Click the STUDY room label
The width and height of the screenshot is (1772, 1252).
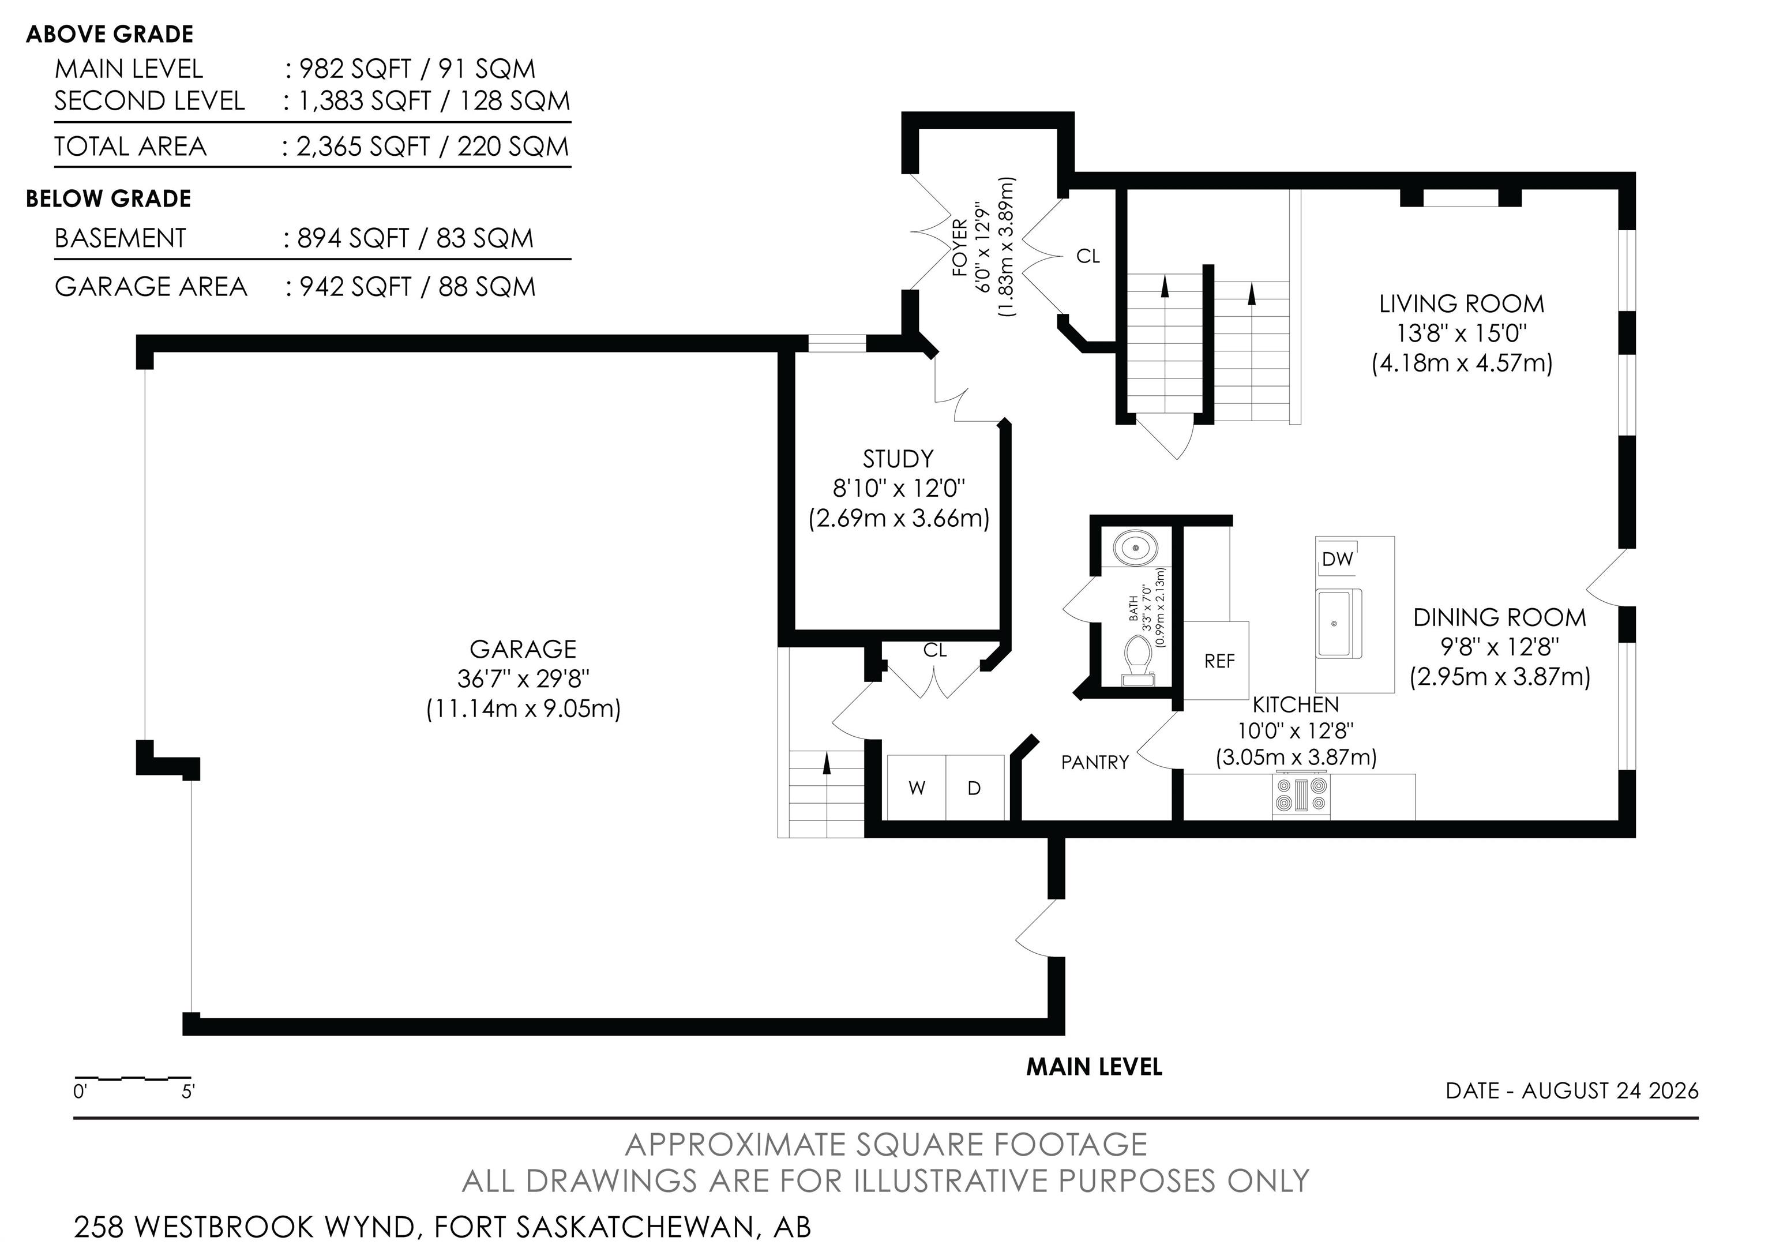[898, 459]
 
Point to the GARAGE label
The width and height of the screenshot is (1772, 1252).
[523, 649]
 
